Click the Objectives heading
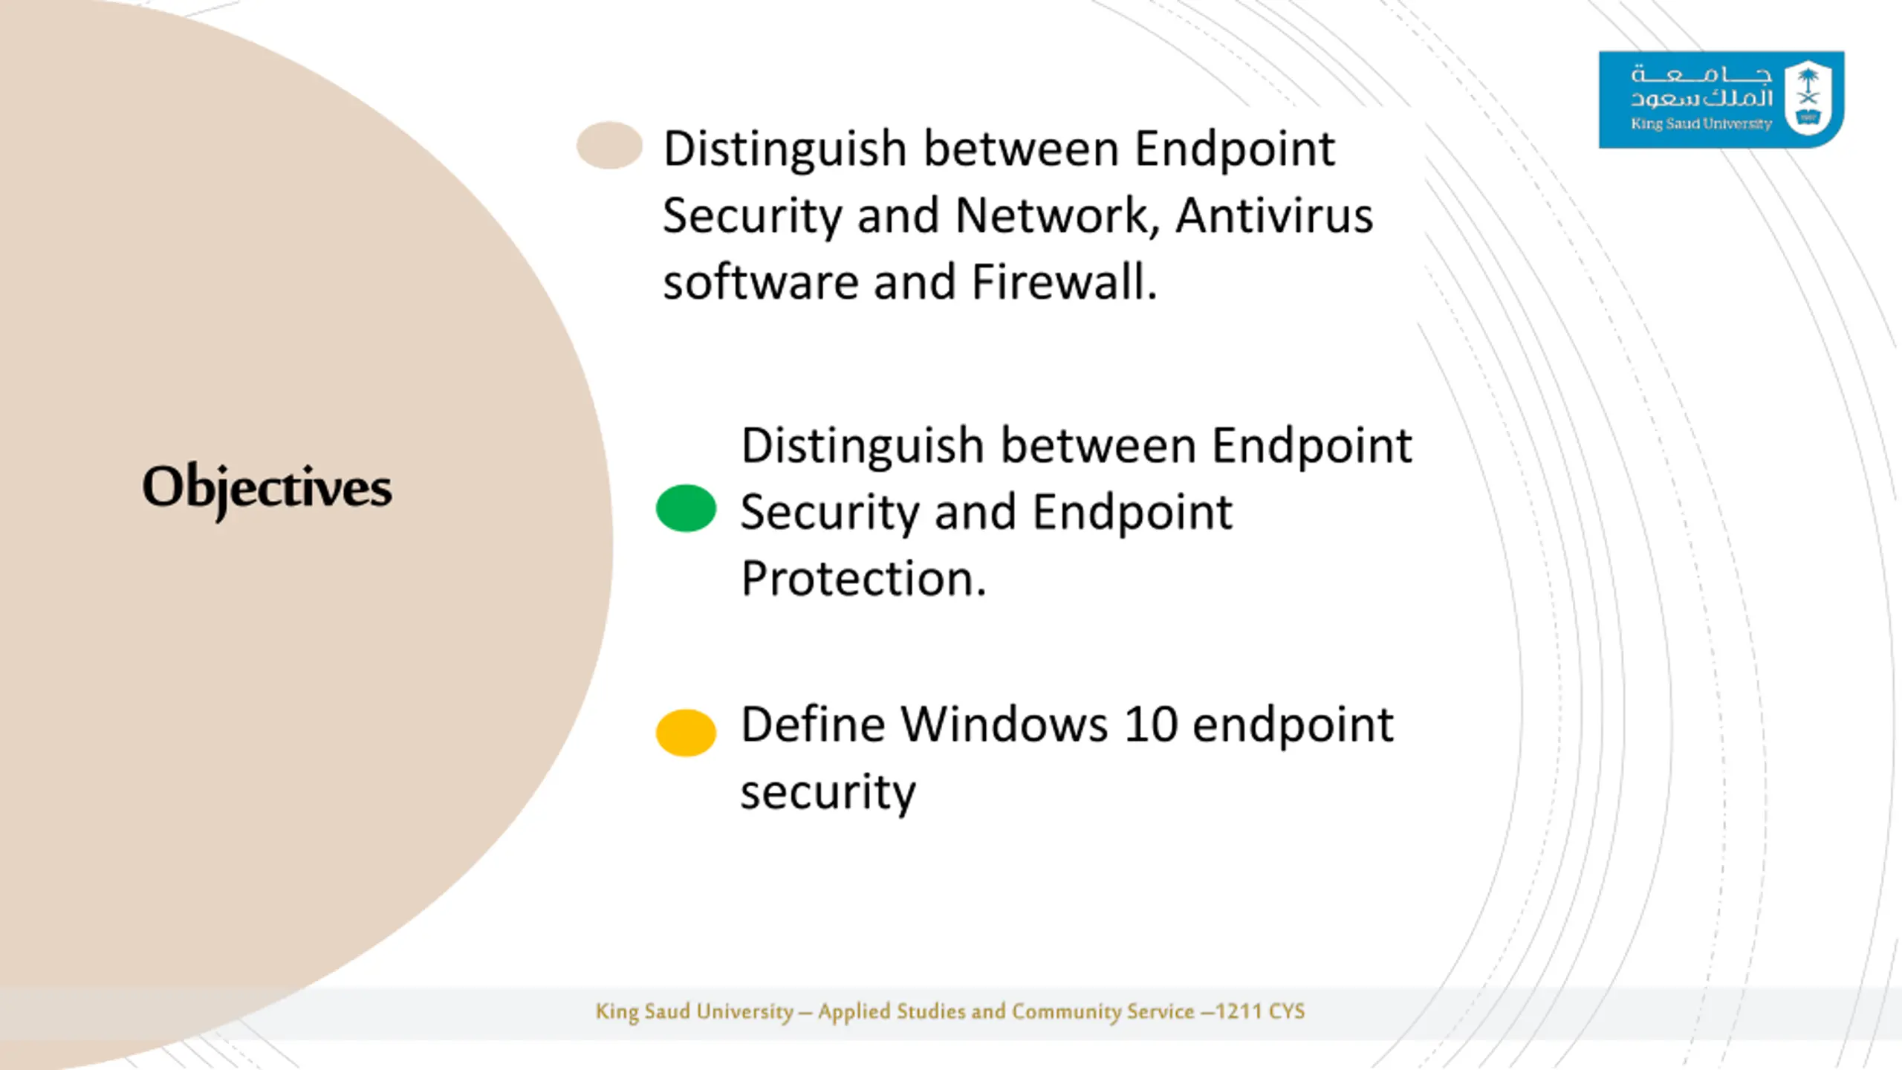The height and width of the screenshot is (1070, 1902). tap(267, 487)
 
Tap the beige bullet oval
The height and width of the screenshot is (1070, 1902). tap(609, 145)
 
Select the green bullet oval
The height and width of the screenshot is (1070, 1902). tap(686, 508)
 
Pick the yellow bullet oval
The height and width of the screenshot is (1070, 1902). tap(686, 733)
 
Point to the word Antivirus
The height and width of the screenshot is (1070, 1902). tap(1273, 215)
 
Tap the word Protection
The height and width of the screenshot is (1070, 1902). tap(863, 578)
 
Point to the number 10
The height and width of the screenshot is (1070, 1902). tap(1150, 724)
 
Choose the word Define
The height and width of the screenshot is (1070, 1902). tap(813, 724)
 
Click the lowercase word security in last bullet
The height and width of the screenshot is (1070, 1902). tap(828, 792)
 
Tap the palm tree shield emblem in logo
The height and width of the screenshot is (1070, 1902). tap(1808, 98)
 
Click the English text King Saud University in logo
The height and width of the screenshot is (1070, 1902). tap(1701, 124)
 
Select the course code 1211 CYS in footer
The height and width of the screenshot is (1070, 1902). tap(1260, 1011)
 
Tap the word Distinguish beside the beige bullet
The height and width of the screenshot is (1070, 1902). tap(785, 149)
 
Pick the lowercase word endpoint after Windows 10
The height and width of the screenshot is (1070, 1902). tap(1293, 724)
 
